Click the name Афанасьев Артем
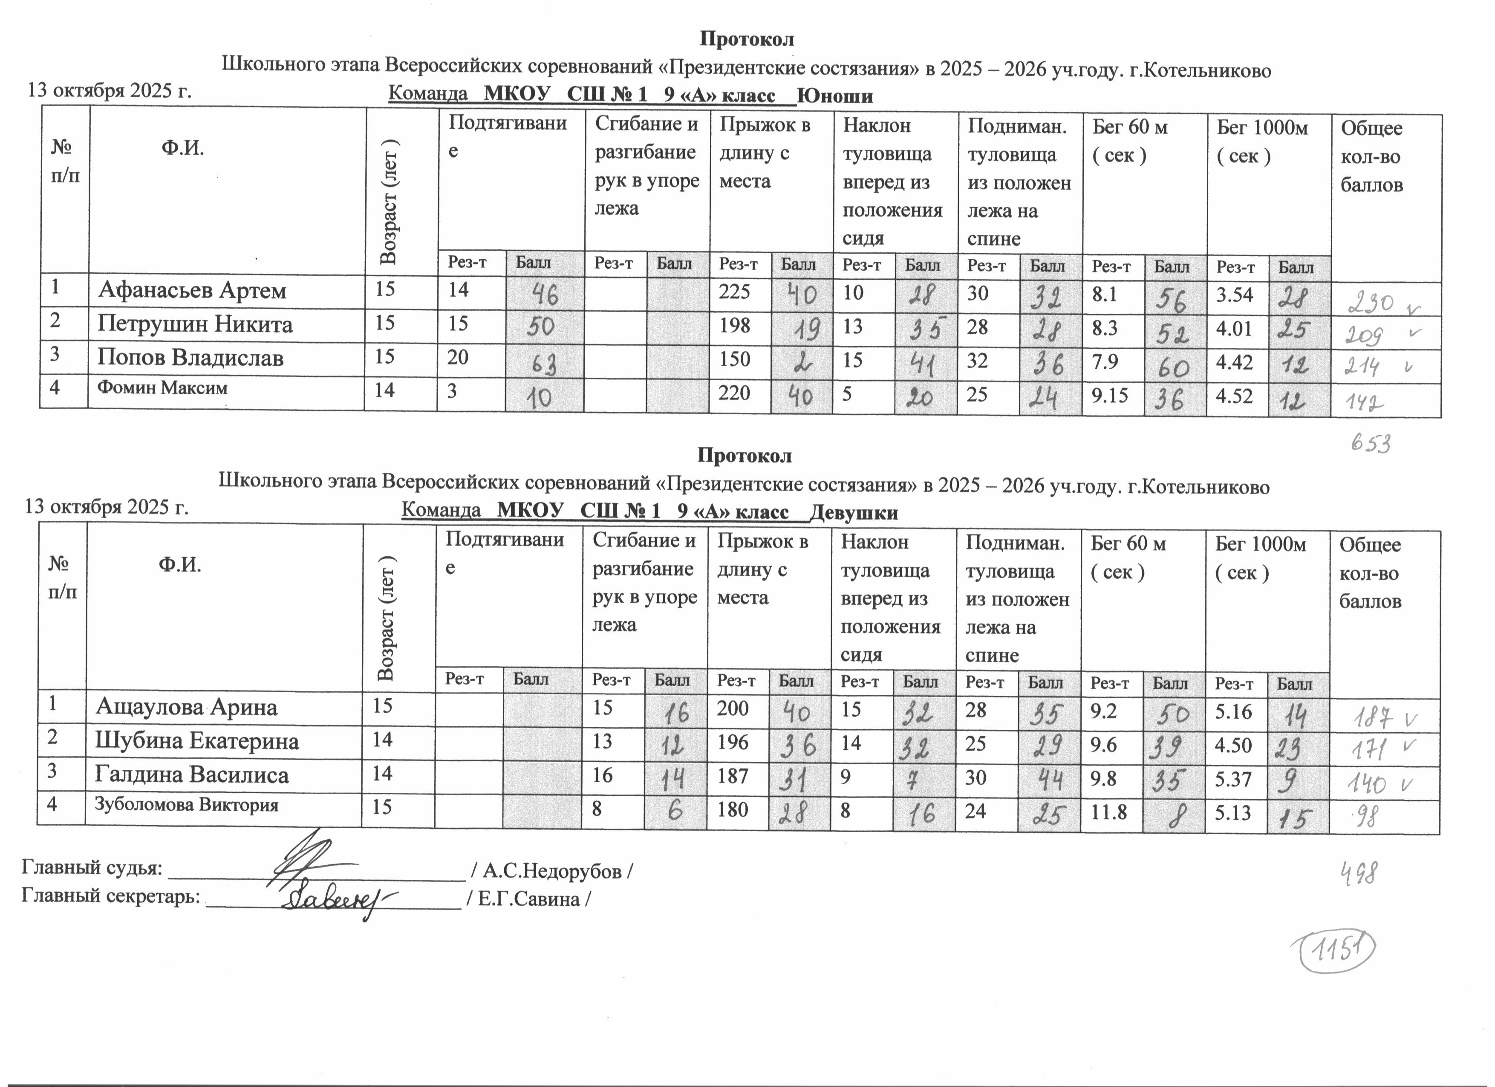193,290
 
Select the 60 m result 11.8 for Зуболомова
1109,811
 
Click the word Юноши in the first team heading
834,96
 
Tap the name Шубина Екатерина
197,741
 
